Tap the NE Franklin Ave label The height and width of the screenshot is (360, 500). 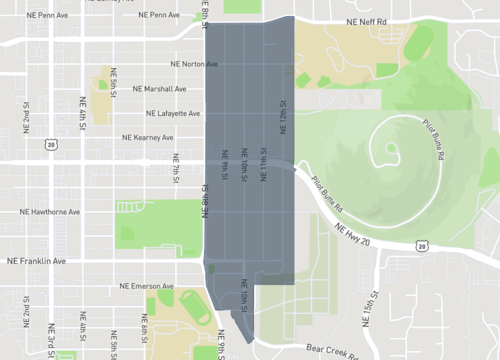pyautogui.click(x=36, y=261)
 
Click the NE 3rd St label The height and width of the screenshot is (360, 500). pyautogui.click(x=50, y=338)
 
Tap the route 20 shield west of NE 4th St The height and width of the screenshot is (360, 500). pyautogui.click(x=48, y=145)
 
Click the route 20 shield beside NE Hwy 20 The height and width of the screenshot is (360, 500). pyautogui.click(x=423, y=245)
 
